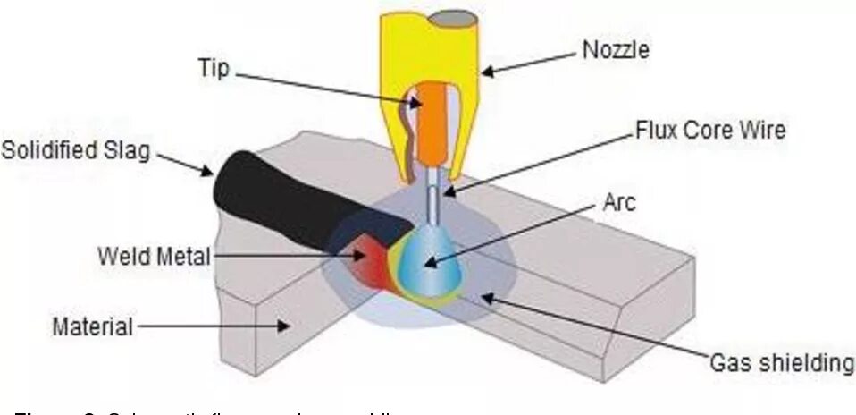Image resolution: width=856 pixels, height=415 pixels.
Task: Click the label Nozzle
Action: (x=617, y=51)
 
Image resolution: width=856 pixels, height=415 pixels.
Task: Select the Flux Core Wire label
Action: (x=709, y=130)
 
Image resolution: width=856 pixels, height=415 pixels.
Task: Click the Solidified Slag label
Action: (x=75, y=148)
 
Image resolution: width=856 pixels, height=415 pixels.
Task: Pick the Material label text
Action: (x=93, y=326)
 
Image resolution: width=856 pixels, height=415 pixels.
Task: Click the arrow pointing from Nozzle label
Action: (x=527, y=61)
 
